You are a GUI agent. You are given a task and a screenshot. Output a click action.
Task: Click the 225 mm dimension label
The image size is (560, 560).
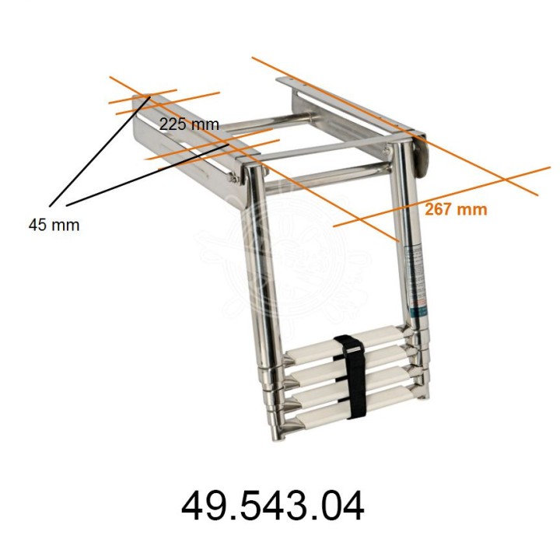(189, 124)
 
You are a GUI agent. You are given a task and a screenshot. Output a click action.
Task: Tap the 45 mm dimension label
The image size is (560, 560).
(54, 225)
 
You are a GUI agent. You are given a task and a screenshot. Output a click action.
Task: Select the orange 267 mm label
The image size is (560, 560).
(456, 208)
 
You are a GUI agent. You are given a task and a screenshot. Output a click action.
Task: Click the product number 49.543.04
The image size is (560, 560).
(272, 506)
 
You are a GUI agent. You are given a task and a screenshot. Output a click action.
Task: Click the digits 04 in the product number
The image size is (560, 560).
(342, 506)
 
